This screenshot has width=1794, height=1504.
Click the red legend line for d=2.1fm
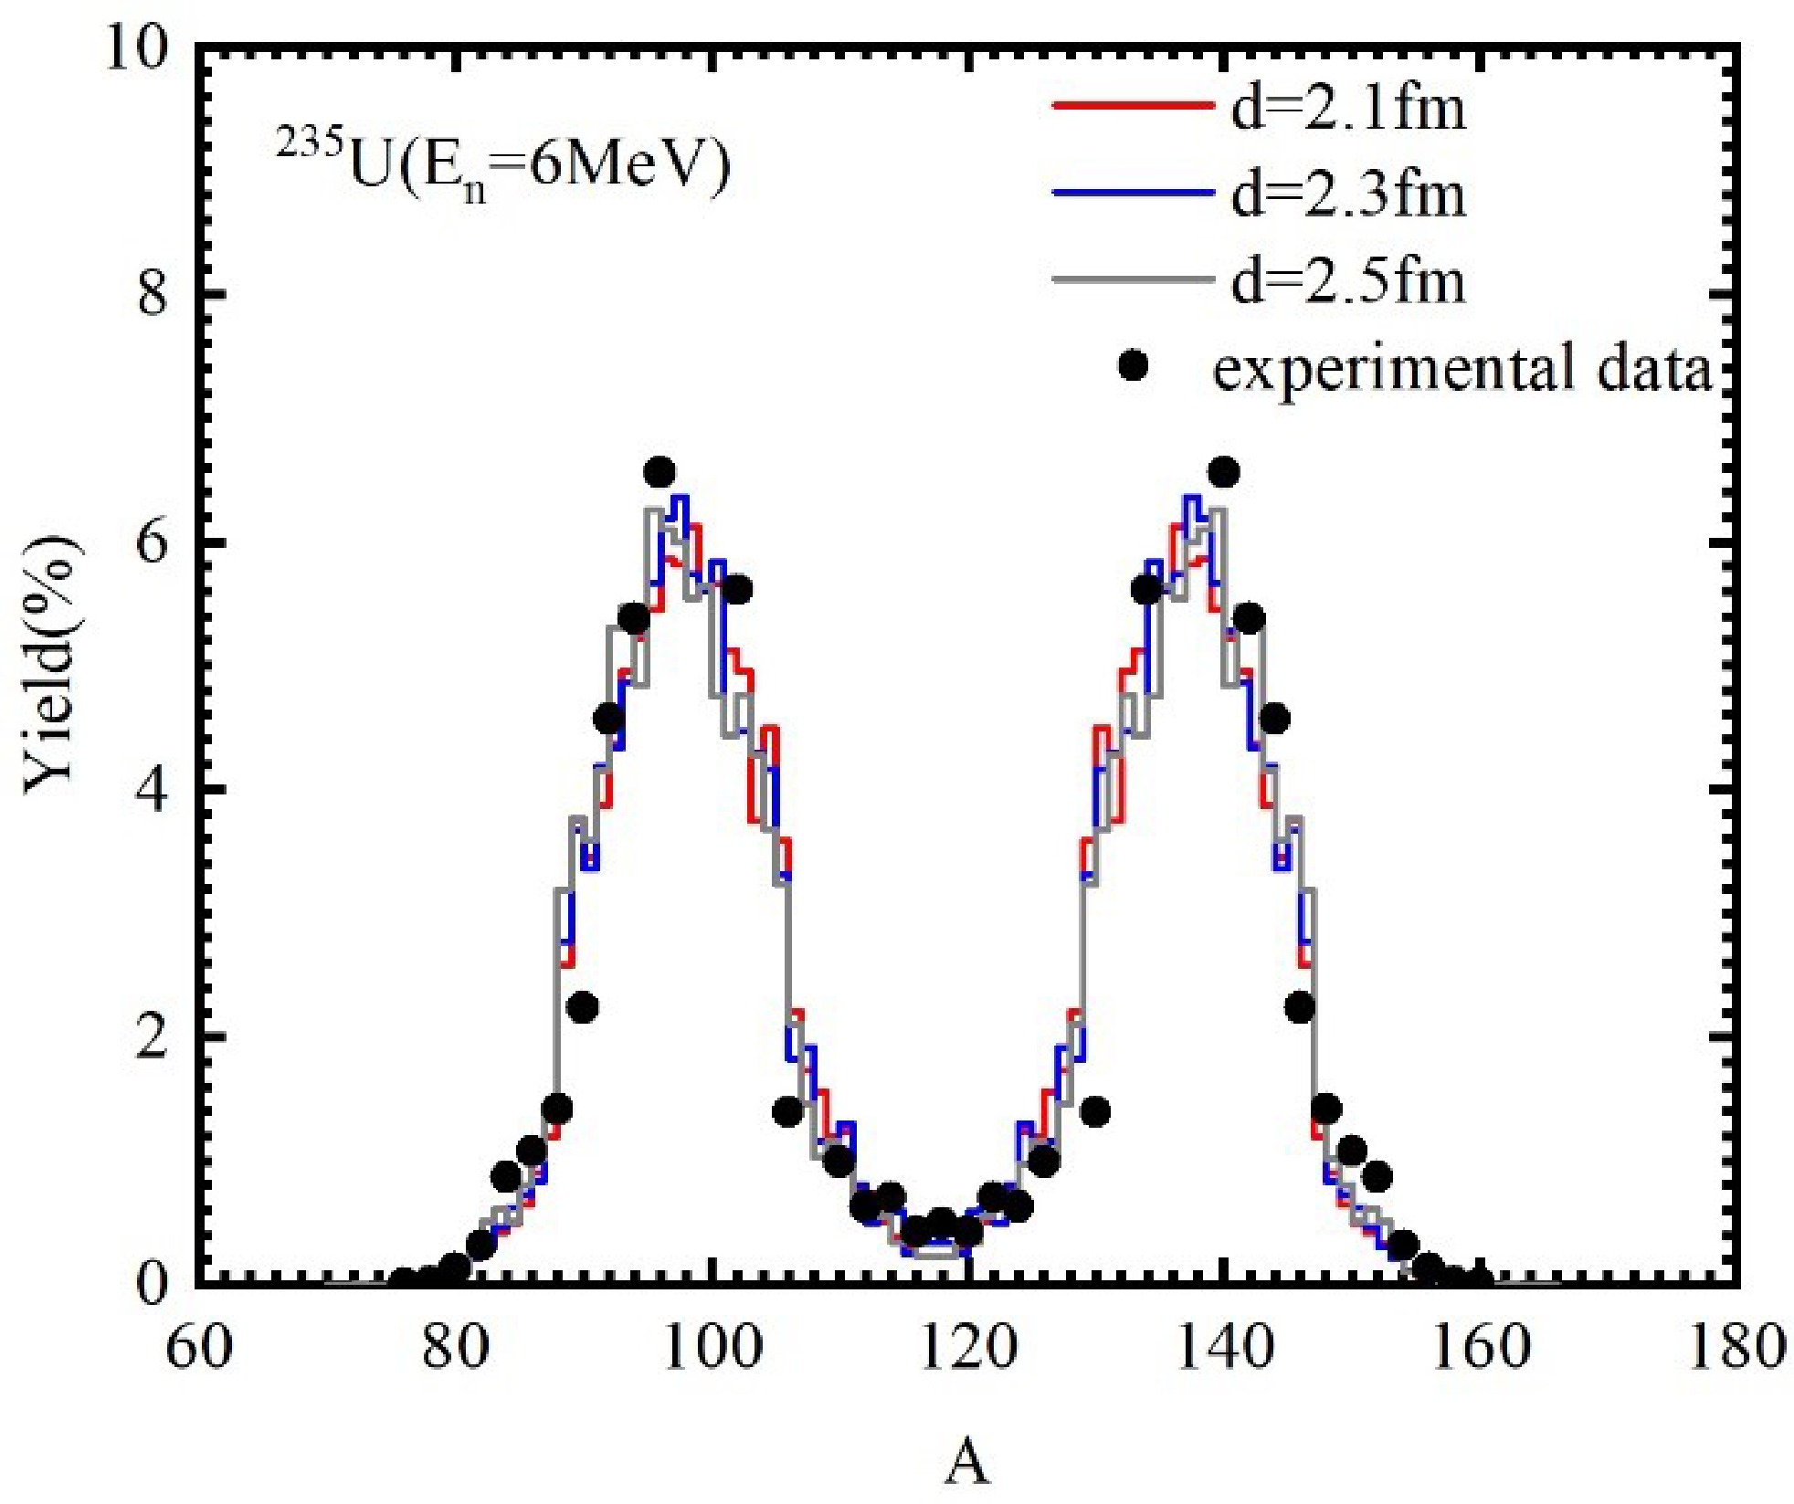1133,105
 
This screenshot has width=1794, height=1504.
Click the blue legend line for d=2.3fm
1133,192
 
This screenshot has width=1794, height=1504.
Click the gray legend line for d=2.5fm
1133,278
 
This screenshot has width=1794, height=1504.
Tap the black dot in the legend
1133,366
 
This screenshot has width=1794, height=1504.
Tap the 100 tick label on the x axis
712,1347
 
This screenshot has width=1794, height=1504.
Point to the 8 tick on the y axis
153,295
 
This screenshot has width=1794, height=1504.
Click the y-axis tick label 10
137,47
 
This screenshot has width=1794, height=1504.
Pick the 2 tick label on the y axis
153,1037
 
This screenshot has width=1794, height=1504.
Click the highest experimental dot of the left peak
659,473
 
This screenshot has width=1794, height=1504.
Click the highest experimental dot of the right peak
1223,473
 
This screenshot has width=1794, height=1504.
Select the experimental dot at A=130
1094,1111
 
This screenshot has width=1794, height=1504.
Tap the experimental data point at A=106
787,1111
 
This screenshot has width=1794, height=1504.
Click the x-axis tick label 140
1224,1347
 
